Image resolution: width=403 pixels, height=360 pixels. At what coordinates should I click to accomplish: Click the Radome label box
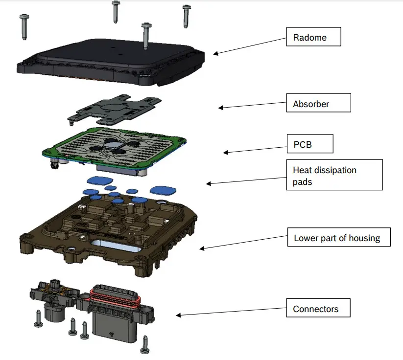point(313,37)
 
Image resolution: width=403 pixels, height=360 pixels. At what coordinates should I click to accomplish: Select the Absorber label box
point(319,104)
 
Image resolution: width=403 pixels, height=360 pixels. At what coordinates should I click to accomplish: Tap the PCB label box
point(309,144)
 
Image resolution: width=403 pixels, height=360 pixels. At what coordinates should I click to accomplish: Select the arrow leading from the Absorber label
point(253,105)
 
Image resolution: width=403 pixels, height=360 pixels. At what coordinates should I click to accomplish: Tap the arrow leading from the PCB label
point(255,149)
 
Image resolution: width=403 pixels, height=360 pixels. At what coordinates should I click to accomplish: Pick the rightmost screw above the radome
point(186,16)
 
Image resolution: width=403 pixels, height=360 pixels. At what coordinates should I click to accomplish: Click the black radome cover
point(113,59)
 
